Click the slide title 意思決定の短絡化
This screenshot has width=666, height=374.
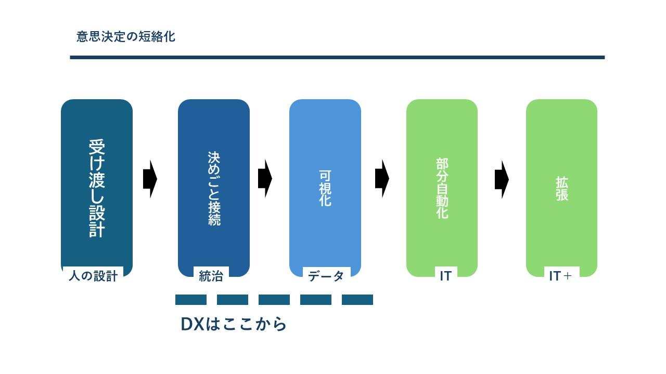125,37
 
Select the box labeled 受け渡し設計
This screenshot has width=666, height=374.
97,187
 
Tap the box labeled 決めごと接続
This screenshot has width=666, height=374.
214,187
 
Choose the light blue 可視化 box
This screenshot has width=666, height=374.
325,187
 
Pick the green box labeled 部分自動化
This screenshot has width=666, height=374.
442,187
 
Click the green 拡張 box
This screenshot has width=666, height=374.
561,187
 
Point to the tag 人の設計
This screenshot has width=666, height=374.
93,276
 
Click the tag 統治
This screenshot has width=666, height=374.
211,276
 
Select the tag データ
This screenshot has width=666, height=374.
326,276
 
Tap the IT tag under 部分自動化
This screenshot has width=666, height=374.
445,276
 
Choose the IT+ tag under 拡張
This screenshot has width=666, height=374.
560,276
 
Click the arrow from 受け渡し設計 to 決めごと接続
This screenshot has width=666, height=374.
150,179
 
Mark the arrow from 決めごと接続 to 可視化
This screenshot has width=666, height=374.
265,179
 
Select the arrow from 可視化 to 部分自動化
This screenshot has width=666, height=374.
382,179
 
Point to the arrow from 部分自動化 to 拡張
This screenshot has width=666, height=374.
502,179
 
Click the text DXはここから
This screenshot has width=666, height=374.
234,324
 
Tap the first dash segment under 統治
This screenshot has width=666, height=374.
191,300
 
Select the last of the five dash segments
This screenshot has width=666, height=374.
357,300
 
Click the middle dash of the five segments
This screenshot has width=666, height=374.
274,300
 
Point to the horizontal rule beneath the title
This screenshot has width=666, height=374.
337,57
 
